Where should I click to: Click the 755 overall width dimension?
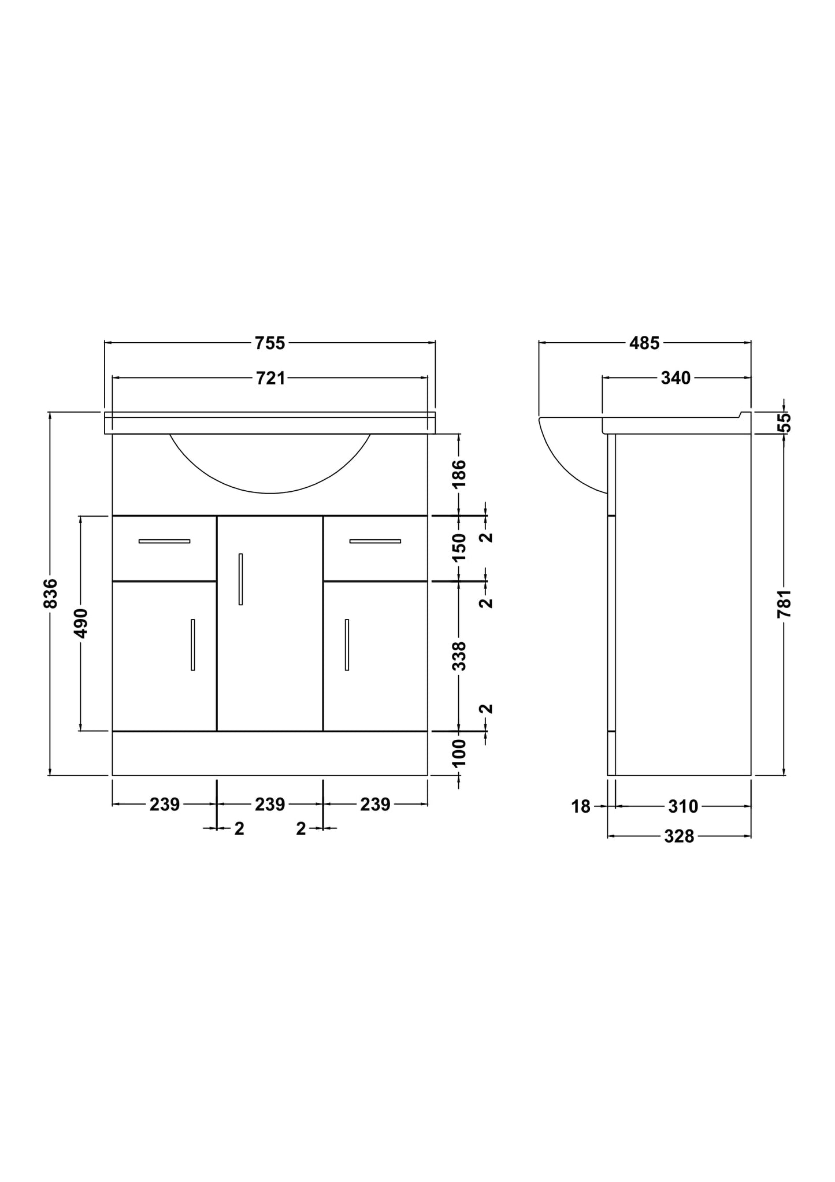[x=270, y=343]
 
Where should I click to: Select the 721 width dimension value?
[x=270, y=379]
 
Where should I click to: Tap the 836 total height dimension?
[x=51, y=593]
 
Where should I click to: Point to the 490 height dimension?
[x=81, y=623]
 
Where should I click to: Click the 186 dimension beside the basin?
[x=459, y=473]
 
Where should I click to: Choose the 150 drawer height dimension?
[x=459, y=547]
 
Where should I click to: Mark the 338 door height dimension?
[x=459, y=656]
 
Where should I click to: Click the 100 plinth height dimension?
[x=459, y=753]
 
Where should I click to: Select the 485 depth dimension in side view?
[x=644, y=343]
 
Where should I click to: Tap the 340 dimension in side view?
[x=676, y=379]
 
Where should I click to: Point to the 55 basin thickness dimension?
[x=784, y=423]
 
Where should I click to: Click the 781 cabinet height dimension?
[x=784, y=604]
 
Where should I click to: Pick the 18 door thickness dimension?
[x=581, y=807]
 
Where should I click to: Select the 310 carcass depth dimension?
[x=683, y=807]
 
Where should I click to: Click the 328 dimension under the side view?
[x=678, y=837]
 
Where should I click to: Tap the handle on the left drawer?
[x=164, y=542]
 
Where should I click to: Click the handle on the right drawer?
[x=375, y=542]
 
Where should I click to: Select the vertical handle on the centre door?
[x=240, y=579]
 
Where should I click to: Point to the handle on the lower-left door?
[x=193, y=645]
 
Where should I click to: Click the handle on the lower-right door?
[x=347, y=645]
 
